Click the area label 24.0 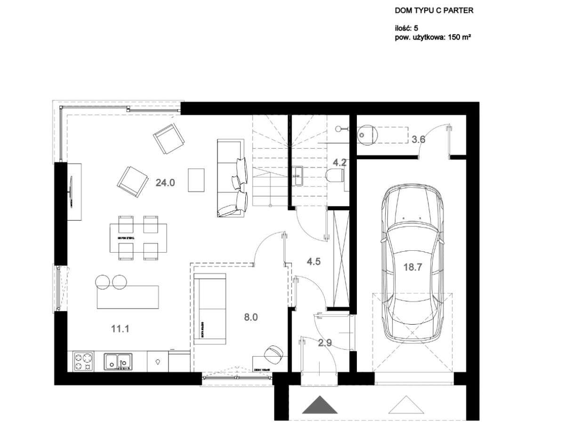pyautogui.click(x=165, y=183)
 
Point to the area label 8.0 pyautogui.click(x=251, y=318)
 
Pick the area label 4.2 pyautogui.click(x=339, y=163)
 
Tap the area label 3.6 pyautogui.click(x=419, y=139)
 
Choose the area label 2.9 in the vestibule pyautogui.click(x=325, y=343)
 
